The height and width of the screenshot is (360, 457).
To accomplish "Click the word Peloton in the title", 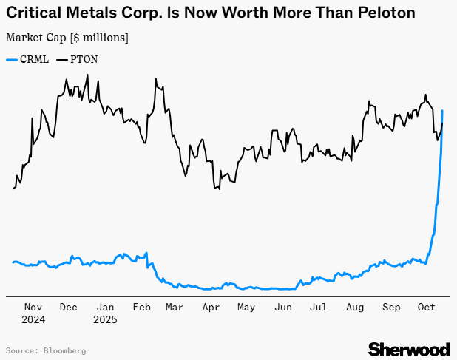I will coord(382,13).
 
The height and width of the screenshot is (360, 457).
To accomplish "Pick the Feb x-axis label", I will coord(142,307).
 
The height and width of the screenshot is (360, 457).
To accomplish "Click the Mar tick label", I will coord(176,307).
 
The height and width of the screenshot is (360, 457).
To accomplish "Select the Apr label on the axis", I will coord(211,307).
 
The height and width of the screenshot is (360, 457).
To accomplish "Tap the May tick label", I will coord(246,307).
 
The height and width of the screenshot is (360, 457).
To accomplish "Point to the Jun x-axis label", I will coord(282,307).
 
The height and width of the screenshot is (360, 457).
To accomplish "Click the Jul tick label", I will coord(318,307).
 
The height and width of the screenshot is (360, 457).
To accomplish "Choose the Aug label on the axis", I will coord(354,307).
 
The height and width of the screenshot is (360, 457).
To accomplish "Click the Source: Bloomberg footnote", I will coord(46,350).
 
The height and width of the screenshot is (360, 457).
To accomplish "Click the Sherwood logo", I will coord(408,348).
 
